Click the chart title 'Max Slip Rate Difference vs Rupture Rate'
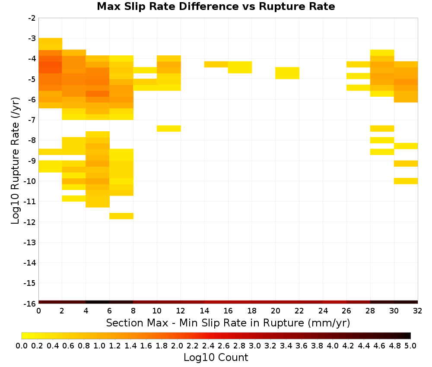tap(216, 6)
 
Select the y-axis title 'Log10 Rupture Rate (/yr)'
tap(16, 161)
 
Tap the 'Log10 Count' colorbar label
tap(216, 358)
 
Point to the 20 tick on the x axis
tap(275, 311)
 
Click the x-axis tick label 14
tap(204, 311)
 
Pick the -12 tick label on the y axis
tap(29, 222)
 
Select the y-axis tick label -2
tap(32, 18)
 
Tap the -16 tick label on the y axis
tap(29, 304)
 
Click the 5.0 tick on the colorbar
tap(410, 345)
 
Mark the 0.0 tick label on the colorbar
tap(22, 345)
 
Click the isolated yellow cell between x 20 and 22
tap(287, 73)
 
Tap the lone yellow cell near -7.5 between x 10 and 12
tap(168, 129)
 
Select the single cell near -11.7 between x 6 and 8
tap(121, 216)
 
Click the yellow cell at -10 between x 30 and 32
tap(406, 181)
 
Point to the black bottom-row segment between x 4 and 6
tap(98, 302)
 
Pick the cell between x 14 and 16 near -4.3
tap(216, 64)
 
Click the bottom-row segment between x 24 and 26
tap(334, 302)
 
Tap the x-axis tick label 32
tap(417, 311)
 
